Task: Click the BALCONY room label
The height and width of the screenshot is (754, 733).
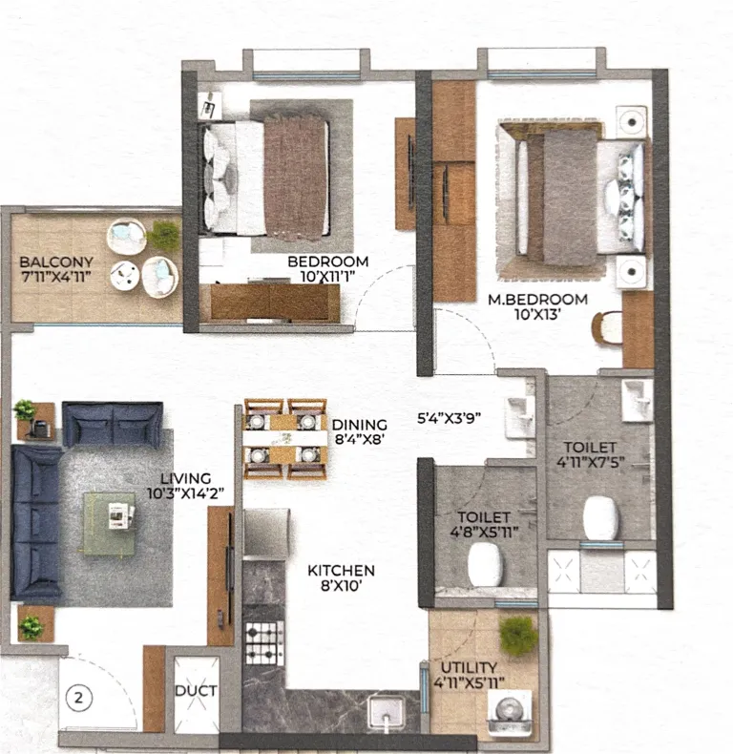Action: [x=55, y=262]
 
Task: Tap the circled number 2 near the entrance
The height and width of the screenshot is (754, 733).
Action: [x=78, y=698]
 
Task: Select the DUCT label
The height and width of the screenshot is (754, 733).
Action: [x=196, y=692]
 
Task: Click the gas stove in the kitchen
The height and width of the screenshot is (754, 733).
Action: [x=264, y=643]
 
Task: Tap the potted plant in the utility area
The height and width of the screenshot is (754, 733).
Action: [x=518, y=636]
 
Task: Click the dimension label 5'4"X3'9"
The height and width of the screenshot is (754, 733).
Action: [x=450, y=418]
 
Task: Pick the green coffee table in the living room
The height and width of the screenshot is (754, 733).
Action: [x=109, y=524]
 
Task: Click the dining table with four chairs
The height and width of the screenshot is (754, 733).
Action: [x=285, y=439]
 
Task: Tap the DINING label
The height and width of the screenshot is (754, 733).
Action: [x=359, y=425]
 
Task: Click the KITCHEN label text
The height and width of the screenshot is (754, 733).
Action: [x=341, y=571]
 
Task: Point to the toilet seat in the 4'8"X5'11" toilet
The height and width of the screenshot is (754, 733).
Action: [x=486, y=564]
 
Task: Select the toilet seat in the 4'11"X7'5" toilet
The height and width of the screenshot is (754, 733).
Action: [x=600, y=518]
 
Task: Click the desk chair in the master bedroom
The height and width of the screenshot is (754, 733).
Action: [x=606, y=328]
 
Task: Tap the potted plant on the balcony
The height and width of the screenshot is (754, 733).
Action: [x=164, y=234]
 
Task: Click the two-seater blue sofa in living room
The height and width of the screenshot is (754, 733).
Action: [x=113, y=424]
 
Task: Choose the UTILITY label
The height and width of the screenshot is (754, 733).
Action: [x=469, y=667]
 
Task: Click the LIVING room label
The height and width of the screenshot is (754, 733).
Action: [x=186, y=478]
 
